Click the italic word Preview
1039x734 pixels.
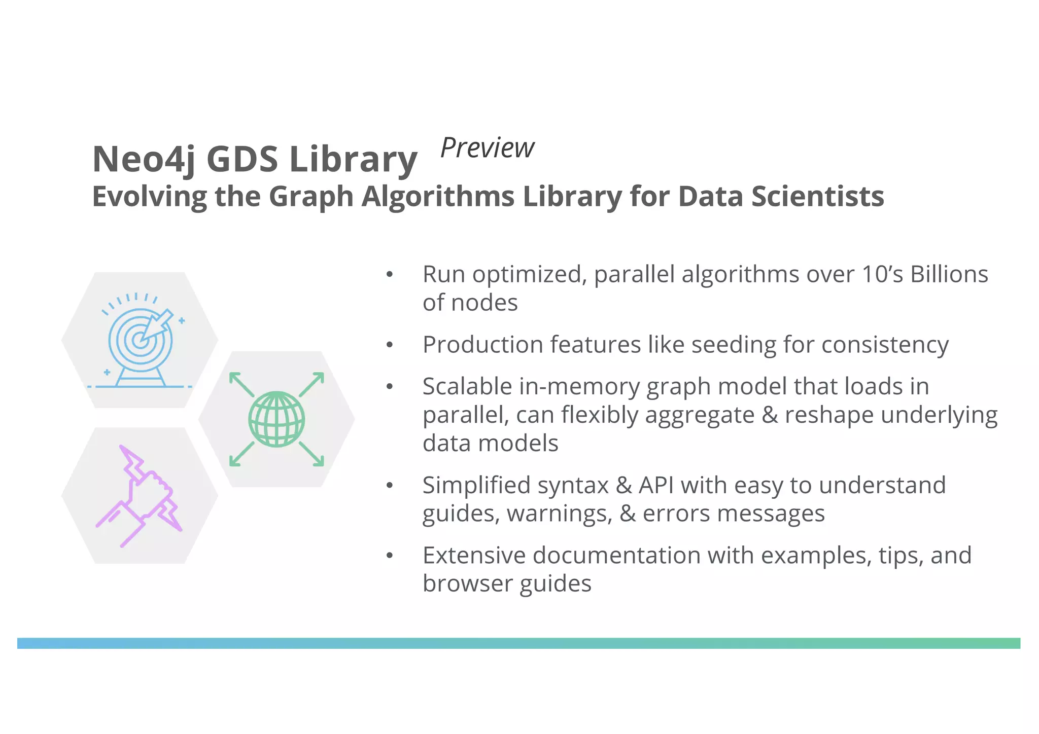(487, 148)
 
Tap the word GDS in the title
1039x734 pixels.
(242, 159)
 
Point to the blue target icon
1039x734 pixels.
(140, 341)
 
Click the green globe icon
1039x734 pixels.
(276, 419)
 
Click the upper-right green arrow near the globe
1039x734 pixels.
(311, 384)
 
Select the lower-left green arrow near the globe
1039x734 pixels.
(241, 454)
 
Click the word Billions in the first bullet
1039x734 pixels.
(949, 274)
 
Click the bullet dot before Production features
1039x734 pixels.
(390, 345)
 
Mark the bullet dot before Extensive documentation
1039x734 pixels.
(390, 556)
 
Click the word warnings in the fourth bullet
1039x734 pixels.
(559, 513)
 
